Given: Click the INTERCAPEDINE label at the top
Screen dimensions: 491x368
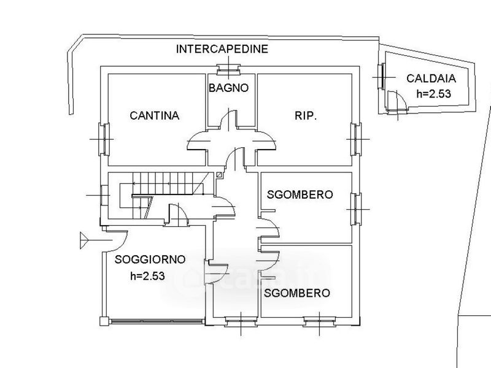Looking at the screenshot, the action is (222, 49).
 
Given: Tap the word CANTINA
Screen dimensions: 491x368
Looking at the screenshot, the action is (155, 116).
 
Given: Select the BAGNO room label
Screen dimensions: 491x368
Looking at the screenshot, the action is (228, 88).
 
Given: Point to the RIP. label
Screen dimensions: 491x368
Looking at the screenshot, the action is (306, 116).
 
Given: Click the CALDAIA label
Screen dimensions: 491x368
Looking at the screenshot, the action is (431, 79).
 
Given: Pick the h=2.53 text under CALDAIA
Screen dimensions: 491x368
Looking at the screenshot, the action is (434, 94).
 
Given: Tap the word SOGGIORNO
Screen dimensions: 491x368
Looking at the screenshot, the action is (150, 259).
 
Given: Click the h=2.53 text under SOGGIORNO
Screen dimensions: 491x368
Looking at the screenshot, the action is (147, 276).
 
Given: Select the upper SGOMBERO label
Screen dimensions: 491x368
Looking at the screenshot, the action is (300, 194).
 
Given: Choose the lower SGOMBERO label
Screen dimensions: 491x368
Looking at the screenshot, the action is (297, 293).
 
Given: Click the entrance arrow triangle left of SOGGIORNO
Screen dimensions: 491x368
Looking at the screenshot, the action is (84, 240).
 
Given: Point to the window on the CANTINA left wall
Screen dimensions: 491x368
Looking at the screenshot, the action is (104, 139).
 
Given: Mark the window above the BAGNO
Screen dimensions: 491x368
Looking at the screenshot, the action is (228, 70).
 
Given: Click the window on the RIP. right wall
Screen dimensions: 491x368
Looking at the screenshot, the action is (356, 139).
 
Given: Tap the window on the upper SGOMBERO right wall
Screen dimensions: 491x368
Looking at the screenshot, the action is (356, 209).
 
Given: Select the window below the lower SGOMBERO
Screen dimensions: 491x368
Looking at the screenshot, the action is (319, 321).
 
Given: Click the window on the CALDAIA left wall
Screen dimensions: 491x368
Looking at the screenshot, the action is (381, 77).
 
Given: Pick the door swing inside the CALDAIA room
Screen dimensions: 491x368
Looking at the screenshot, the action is (396, 100).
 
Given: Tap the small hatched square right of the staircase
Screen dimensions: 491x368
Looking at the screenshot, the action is (220, 175).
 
